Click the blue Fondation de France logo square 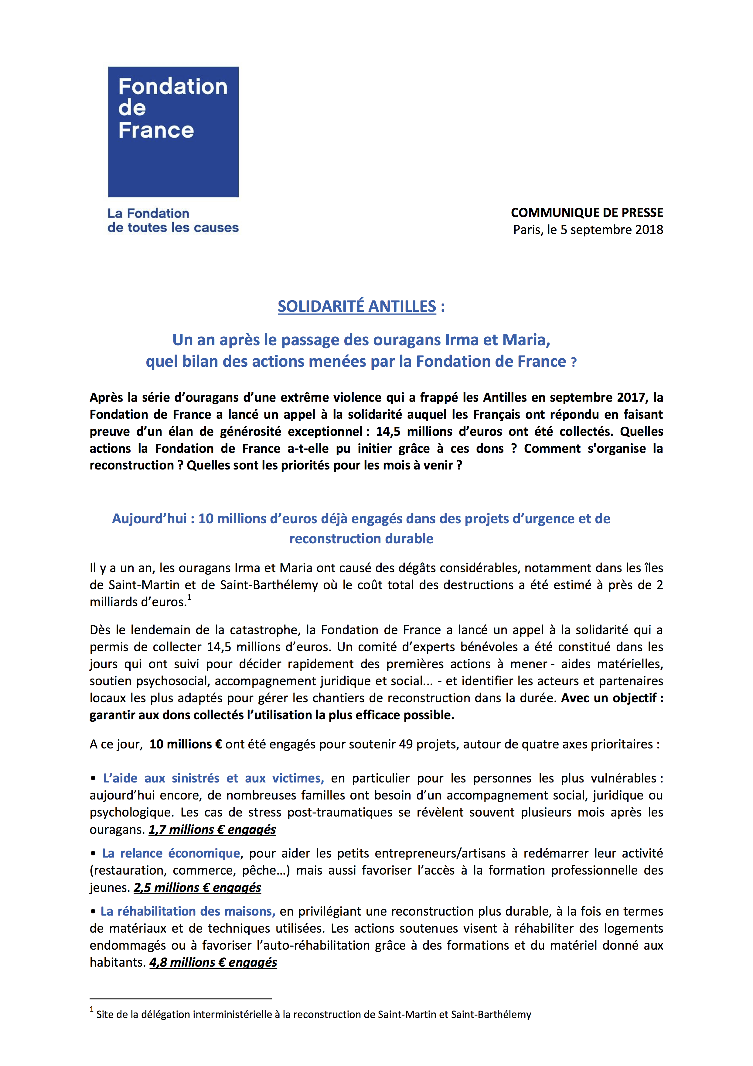click(173, 132)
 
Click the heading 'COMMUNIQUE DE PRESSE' click(587, 213)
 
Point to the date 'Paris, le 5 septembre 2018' click(588, 230)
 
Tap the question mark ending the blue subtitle click(574, 363)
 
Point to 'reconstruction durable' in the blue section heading click(361, 538)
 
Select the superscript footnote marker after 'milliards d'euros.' click(189, 597)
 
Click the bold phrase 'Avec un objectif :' click(612, 698)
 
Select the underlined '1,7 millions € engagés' click(212, 829)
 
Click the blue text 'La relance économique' click(171, 853)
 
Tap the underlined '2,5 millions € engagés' click(197, 888)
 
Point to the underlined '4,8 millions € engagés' click(213, 962)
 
